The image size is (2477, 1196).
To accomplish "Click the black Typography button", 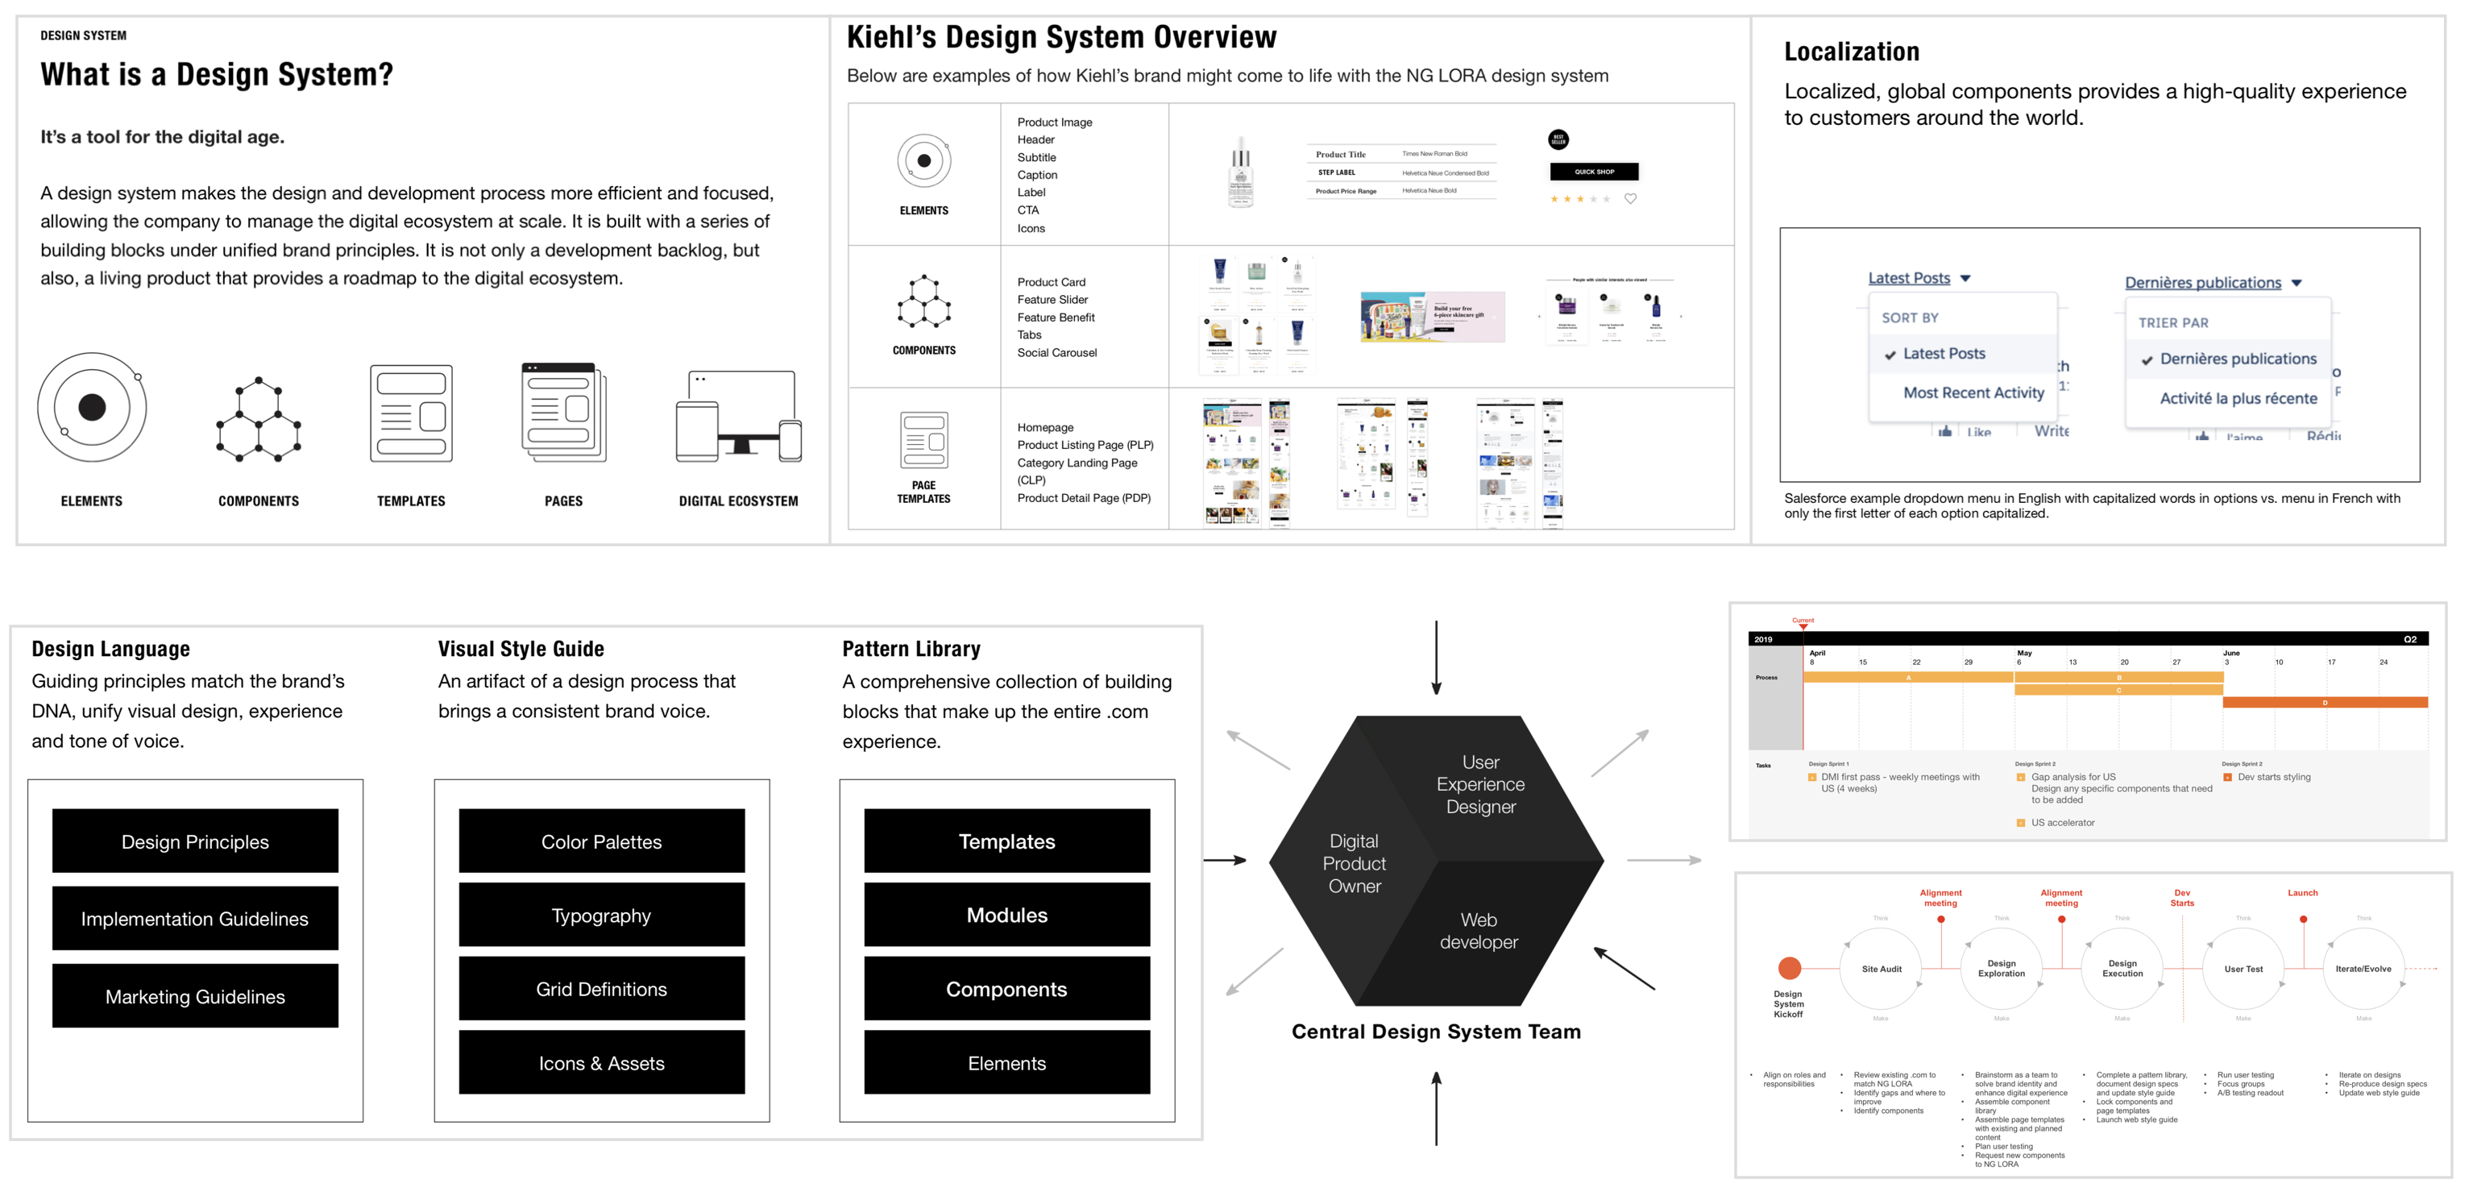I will (601, 916).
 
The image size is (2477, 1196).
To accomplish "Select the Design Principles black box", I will (195, 841).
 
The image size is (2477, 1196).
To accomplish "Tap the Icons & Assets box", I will (601, 1062).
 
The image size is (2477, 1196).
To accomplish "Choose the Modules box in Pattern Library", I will (1006, 916).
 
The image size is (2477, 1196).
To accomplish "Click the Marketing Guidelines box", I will (195, 996).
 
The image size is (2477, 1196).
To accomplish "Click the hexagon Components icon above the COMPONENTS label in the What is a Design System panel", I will (259, 419).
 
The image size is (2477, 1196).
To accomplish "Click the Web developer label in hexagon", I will (1478, 931).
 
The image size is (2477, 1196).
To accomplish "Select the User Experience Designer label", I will (1480, 783).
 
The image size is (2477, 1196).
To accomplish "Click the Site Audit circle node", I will (1881, 969).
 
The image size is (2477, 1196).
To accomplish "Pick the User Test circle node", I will (2243, 969).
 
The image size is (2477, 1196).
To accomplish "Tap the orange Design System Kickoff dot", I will (1789, 968).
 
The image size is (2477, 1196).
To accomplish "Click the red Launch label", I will (2302, 893).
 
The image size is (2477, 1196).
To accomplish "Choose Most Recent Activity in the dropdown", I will (1973, 392).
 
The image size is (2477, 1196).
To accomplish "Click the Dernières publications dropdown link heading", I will (2202, 283).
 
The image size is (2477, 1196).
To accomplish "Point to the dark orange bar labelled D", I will (2324, 703).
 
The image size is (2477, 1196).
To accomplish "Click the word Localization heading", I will (1851, 52).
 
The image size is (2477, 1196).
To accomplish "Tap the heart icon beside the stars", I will (1631, 199).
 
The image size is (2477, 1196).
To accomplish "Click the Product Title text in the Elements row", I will (1340, 155).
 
